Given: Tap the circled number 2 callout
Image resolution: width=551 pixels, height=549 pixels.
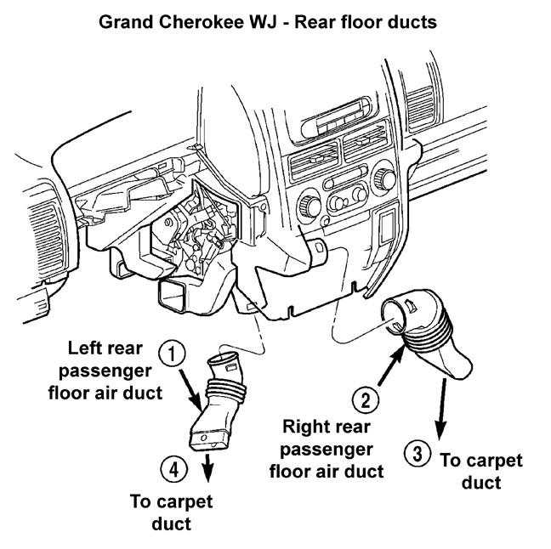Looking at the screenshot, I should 364,399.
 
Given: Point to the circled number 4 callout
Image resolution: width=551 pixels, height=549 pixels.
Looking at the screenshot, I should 170,466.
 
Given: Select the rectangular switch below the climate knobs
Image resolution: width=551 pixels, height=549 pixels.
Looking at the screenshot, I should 386,229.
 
